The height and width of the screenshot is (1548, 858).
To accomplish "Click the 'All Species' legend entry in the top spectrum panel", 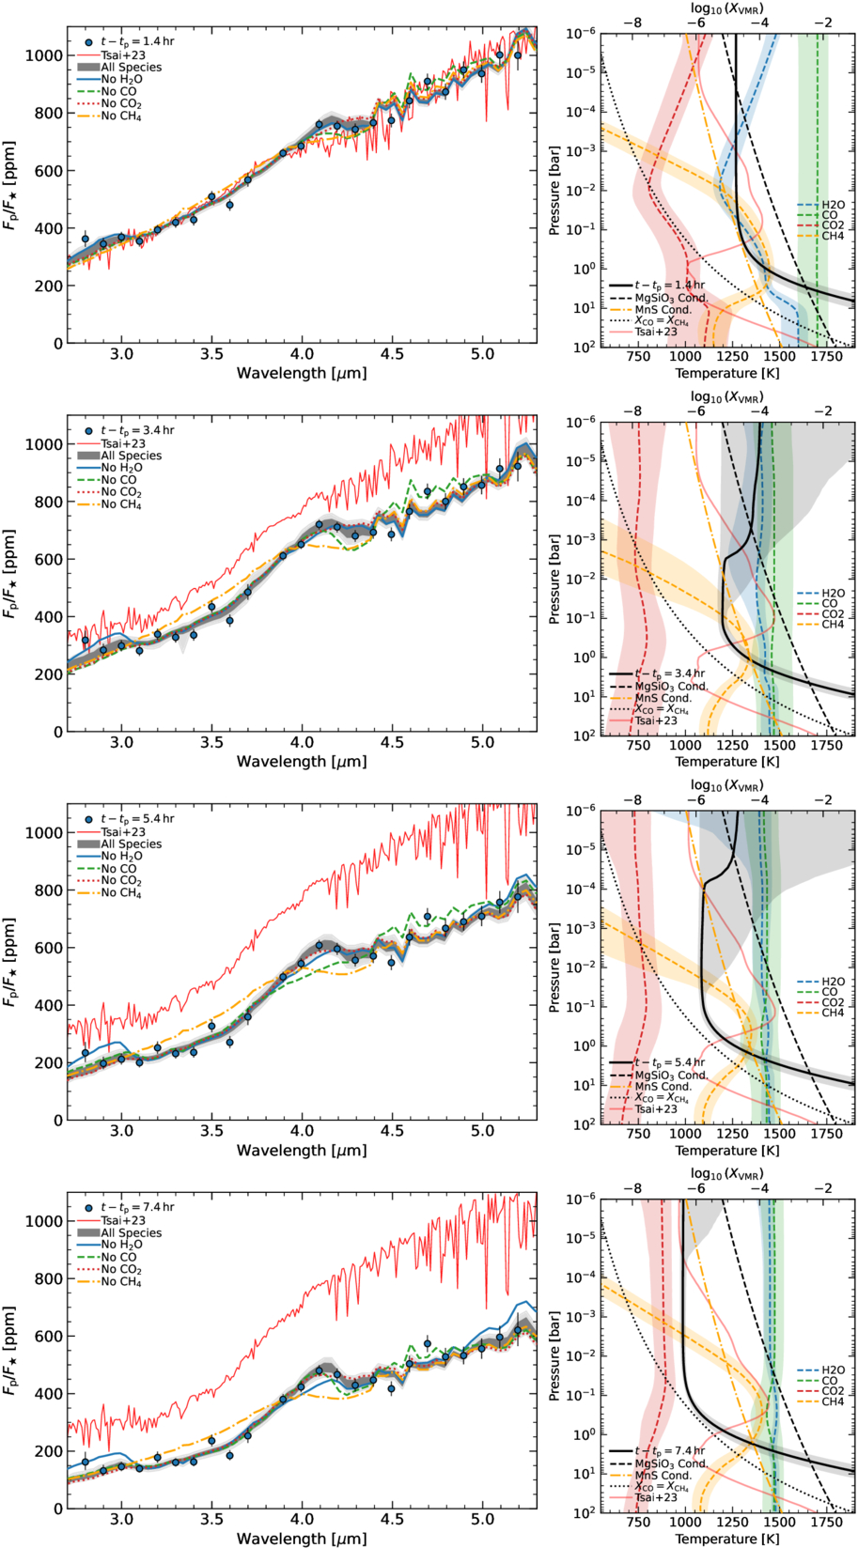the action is coord(119,67).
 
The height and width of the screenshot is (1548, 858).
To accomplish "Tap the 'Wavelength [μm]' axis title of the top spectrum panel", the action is coord(302,373).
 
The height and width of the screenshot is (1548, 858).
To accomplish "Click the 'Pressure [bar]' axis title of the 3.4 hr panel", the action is coord(554,578).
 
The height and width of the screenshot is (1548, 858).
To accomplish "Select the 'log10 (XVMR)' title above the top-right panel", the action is coord(727,9).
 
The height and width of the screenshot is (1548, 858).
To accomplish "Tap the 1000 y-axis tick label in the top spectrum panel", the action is coord(44,55).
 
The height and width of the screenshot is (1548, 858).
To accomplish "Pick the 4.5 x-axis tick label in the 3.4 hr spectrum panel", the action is coord(392,742).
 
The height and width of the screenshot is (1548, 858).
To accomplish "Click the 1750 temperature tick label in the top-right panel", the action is coord(827,357).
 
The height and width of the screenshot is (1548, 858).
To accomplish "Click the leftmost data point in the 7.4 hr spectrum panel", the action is coord(86,1359).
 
